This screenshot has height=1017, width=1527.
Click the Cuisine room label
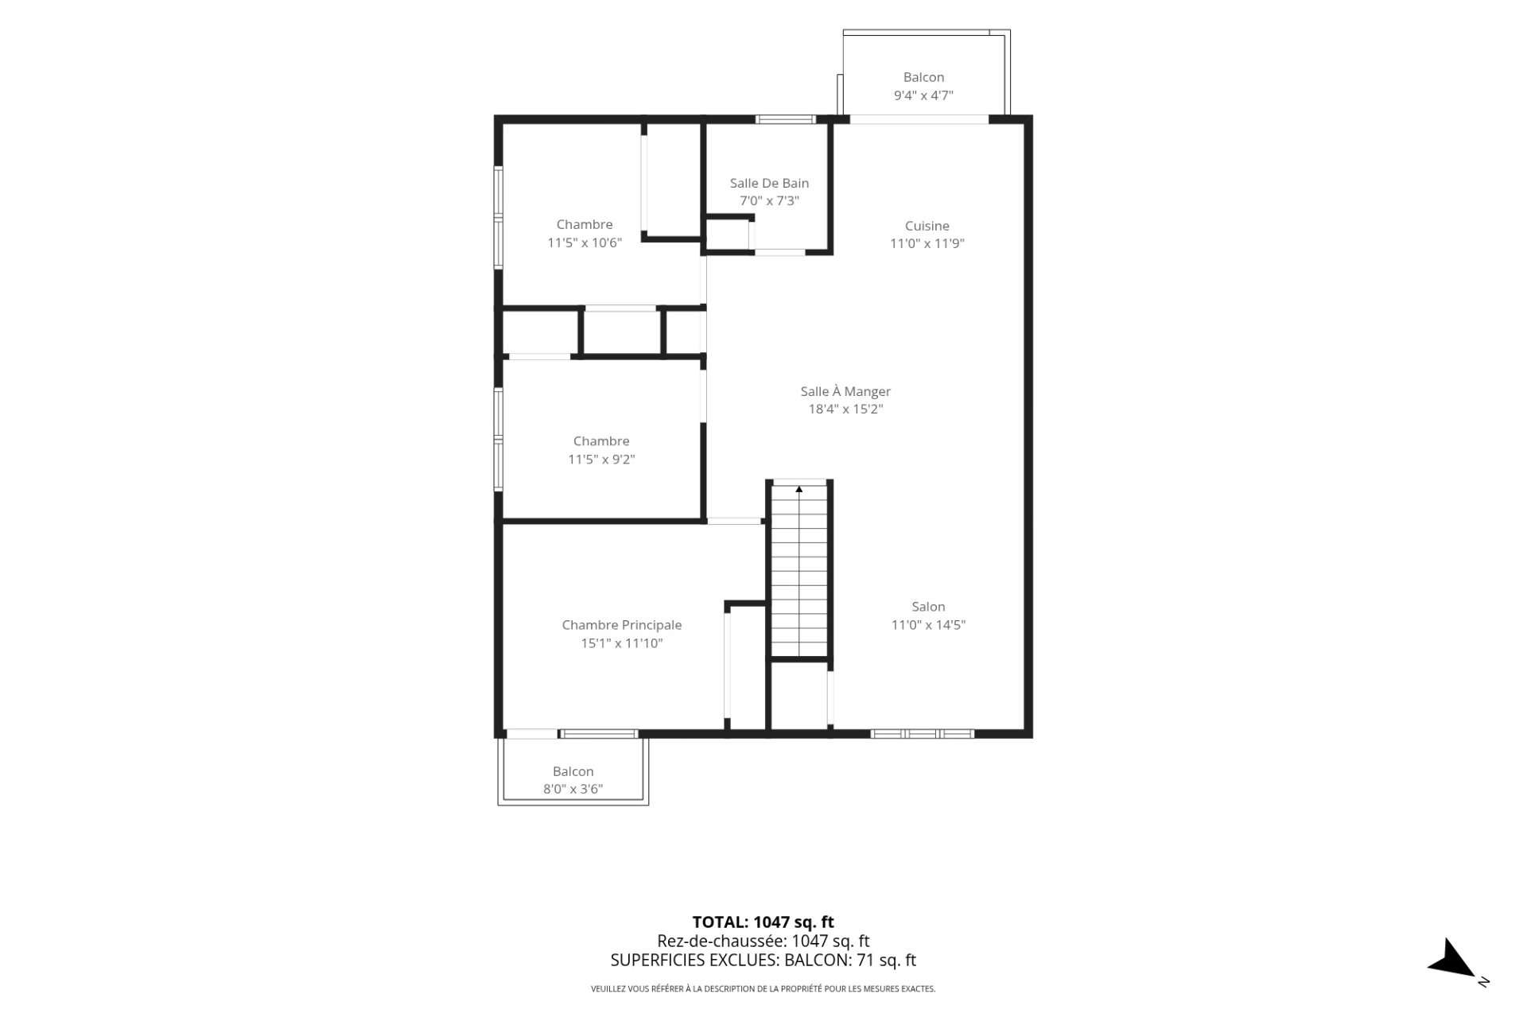point(927,226)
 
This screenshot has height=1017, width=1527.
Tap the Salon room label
point(928,607)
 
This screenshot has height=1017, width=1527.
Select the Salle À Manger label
point(845,391)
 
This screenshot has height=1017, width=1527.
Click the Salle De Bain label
point(769,183)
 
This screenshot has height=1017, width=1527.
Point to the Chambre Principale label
point(622,625)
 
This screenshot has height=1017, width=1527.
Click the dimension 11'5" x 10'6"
point(585,243)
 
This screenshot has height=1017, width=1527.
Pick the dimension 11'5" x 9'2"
point(601,460)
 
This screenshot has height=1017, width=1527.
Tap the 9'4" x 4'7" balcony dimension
point(923,95)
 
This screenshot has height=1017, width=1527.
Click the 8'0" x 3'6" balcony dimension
point(573,790)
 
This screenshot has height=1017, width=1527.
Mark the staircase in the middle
point(799,570)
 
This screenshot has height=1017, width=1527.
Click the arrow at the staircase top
point(799,489)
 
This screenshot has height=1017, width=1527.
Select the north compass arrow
point(1454,960)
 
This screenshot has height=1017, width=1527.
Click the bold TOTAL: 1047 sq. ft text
point(763,922)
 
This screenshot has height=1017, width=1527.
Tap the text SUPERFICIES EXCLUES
point(694,961)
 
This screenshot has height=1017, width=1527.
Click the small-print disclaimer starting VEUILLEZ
point(763,989)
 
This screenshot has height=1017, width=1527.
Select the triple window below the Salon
point(923,734)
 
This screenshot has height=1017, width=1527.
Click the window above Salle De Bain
point(786,120)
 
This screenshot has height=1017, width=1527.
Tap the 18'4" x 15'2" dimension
point(845,410)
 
